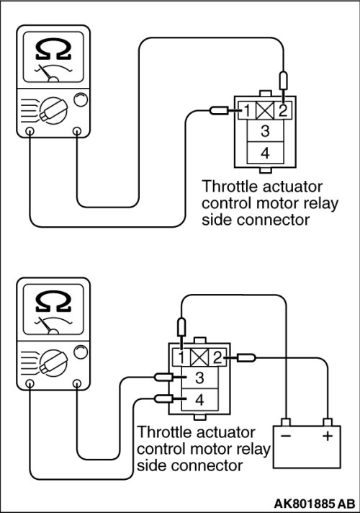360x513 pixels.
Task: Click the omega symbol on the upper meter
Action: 53,50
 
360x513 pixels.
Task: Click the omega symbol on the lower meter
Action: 53,302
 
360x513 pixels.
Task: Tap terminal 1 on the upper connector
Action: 247,110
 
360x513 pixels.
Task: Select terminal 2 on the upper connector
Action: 282,110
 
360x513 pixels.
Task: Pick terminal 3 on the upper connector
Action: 265,131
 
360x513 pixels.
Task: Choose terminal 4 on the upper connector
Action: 265,153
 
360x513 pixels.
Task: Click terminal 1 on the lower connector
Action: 181,357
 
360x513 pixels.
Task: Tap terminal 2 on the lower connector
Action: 217,357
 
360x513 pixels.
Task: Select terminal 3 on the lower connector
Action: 199,378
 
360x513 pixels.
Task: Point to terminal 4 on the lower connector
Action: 199,399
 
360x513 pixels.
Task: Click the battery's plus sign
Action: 328,436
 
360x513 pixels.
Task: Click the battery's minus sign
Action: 285,436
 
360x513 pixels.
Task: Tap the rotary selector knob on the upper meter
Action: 53,110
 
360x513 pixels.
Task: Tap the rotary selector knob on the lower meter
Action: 53,362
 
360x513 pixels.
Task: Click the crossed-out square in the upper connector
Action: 265,110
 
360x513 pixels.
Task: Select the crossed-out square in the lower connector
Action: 199,357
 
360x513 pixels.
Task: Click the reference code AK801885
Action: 304,503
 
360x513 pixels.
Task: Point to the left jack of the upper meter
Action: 30,131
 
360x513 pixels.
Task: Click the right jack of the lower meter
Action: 77,383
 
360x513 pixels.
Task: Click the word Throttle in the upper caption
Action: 230,187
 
